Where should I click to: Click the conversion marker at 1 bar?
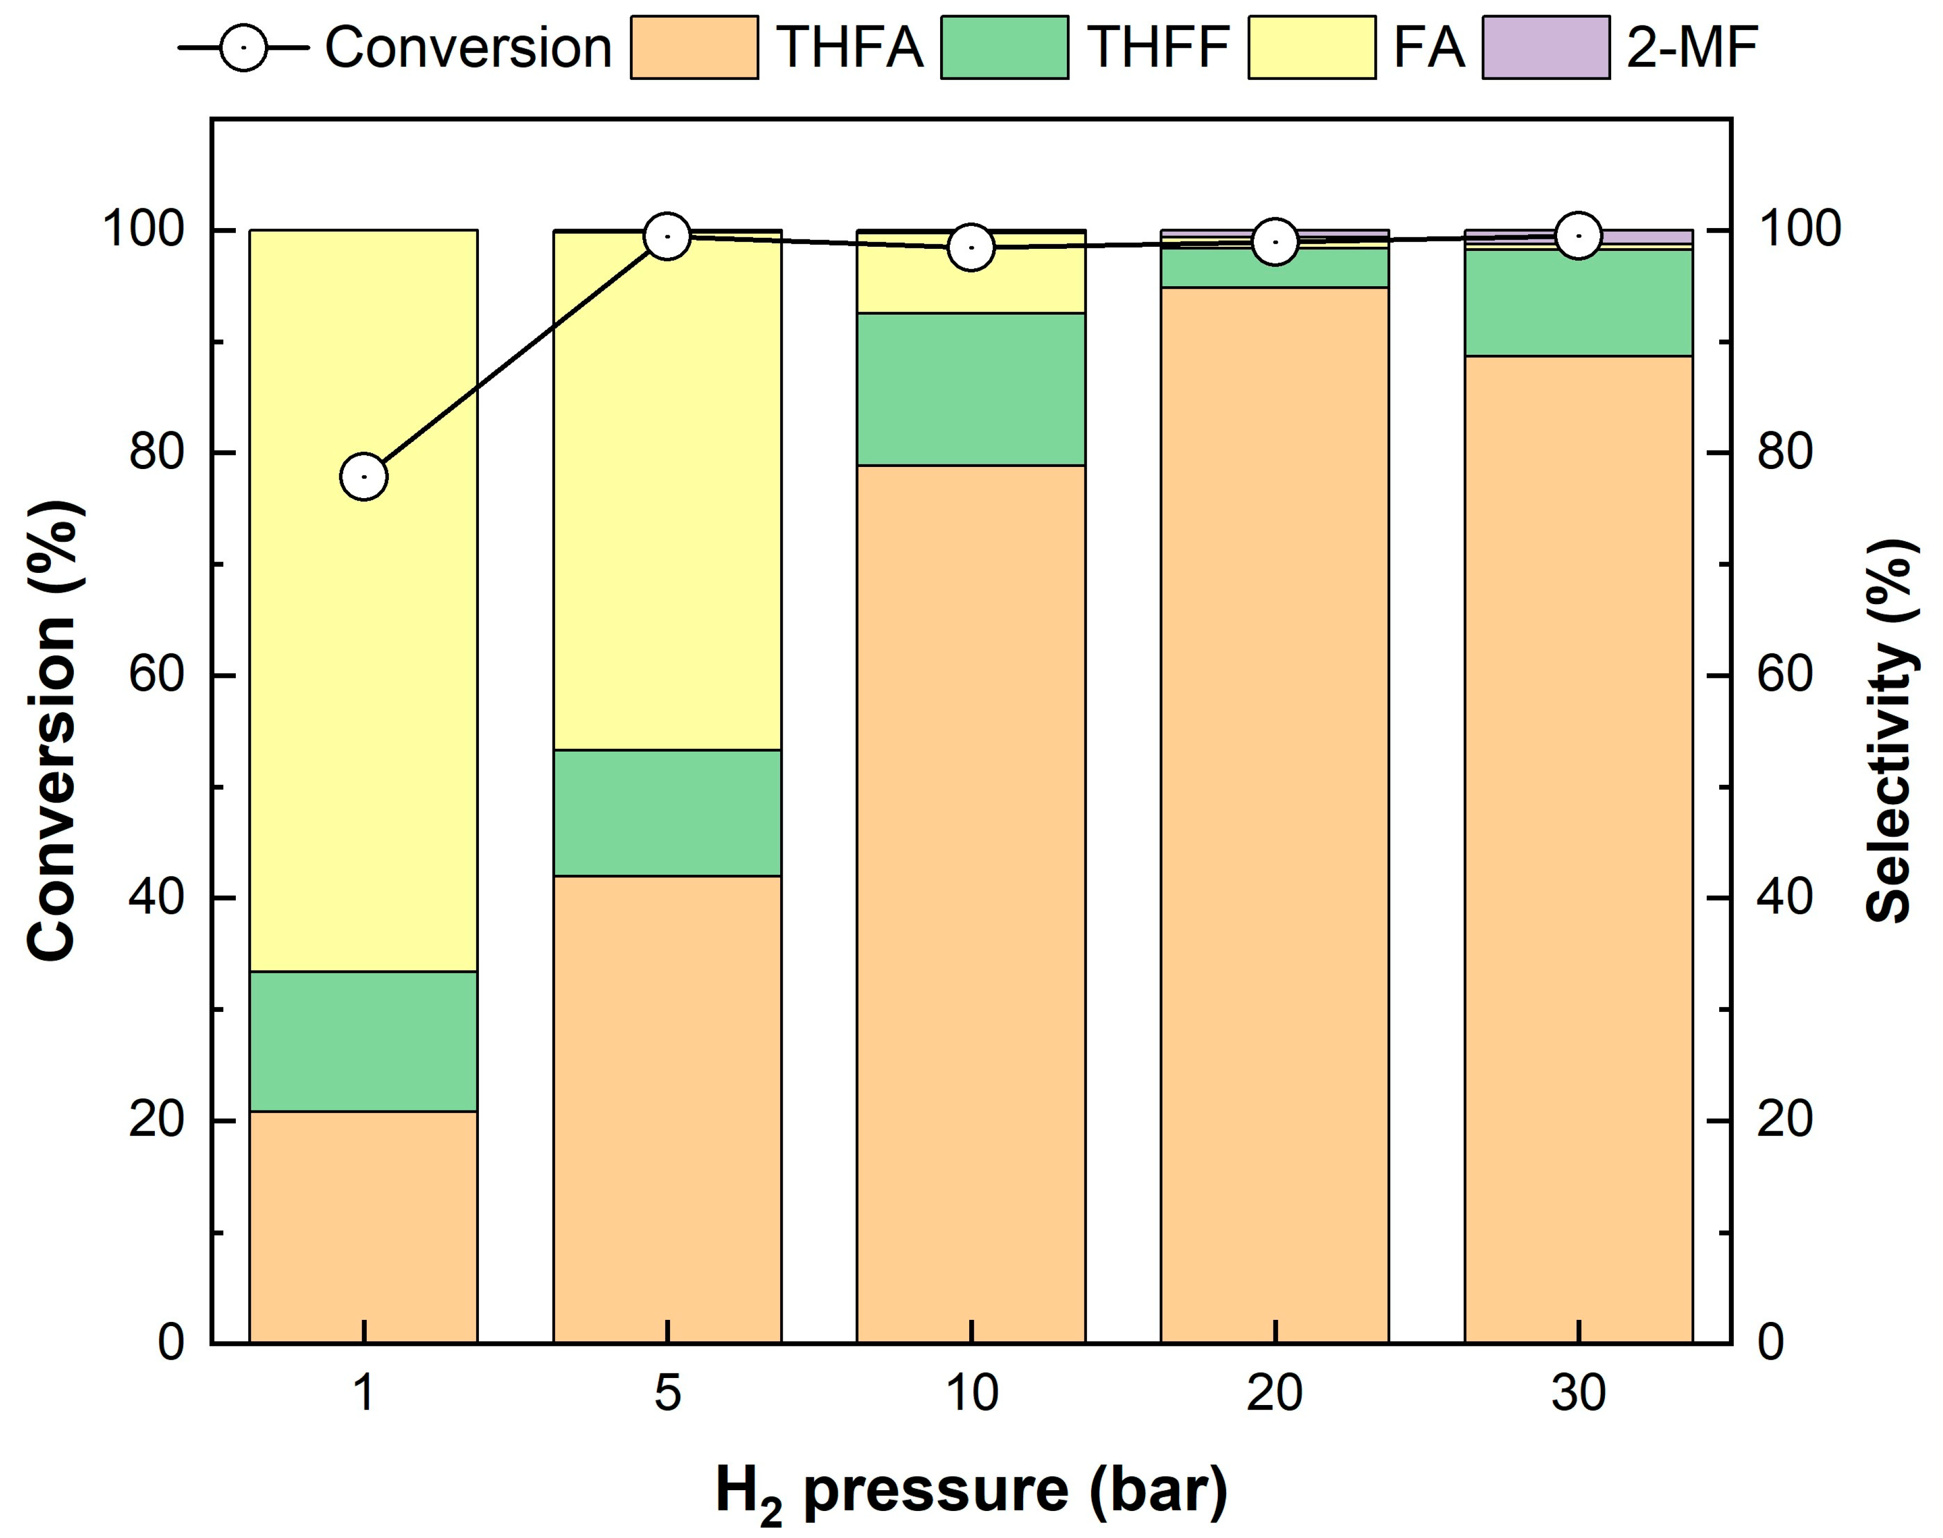coord(364,476)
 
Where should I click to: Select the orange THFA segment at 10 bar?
coord(971,901)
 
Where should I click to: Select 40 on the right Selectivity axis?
coord(1785,898)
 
